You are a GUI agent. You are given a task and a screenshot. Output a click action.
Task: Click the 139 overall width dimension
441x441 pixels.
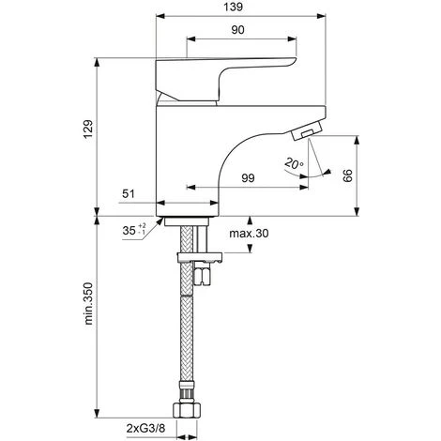[233, 7]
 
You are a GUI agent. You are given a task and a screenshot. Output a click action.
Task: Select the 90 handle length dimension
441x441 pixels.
[237, 30]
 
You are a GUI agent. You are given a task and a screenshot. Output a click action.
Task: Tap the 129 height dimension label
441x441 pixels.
[88, 129]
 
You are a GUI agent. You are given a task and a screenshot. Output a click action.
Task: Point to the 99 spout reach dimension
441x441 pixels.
[248, 178]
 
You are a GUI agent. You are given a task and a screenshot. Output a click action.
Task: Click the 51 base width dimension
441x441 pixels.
[129, 194]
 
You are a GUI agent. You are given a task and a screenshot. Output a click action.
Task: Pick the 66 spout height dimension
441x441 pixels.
[348, 175]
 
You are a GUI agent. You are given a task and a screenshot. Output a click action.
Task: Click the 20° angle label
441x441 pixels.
[294, 163]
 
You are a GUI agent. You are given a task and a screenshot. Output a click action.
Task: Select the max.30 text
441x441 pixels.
[249, 234]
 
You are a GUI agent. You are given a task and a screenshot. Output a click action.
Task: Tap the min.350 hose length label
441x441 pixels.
[88, 303]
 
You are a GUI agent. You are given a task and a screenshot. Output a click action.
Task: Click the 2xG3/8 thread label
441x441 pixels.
[145, 428]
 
